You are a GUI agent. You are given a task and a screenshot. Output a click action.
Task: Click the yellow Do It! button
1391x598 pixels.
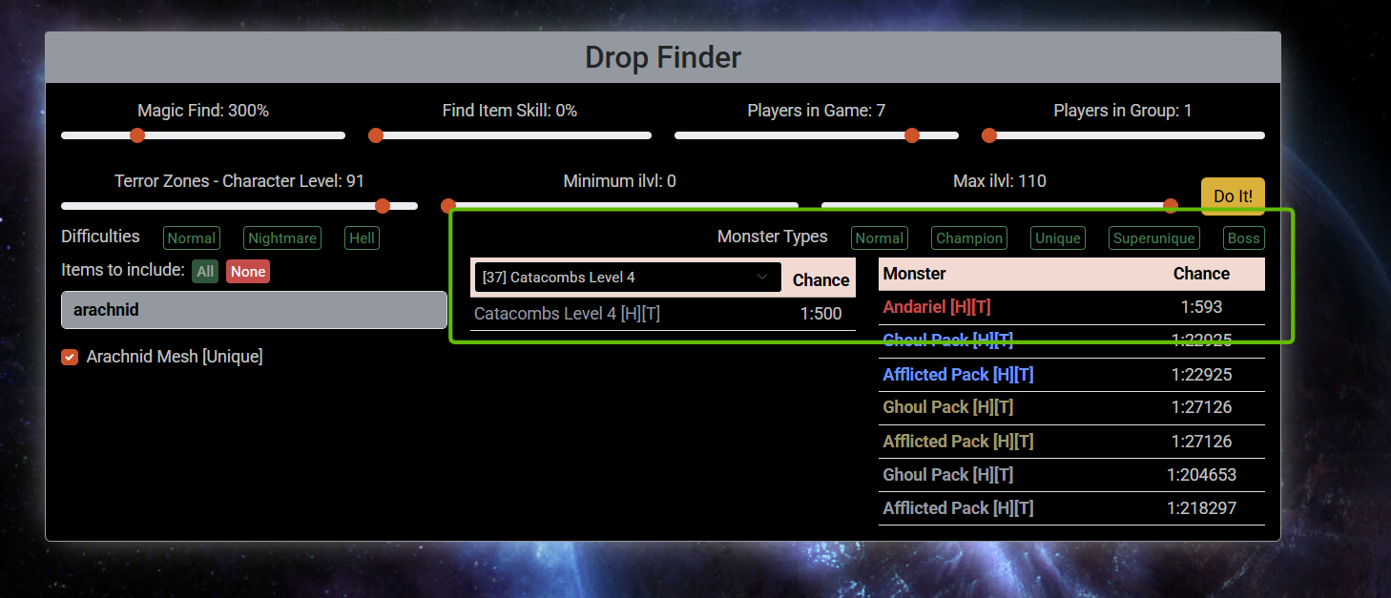click(x=1233, y=196)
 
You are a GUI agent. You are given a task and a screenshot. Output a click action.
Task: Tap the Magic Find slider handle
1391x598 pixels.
click(x=137, y=135)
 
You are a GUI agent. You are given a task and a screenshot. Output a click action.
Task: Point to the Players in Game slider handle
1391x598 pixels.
click(x=912, y=135)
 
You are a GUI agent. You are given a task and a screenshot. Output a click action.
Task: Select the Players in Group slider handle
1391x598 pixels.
click(x=989, y=135)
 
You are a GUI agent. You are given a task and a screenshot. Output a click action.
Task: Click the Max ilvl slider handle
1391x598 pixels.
click(x=1171, y=205)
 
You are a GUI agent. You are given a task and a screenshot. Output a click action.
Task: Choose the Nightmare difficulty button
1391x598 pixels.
click(x=282, y=238)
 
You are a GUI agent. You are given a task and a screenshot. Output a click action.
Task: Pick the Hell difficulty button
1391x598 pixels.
click(x=362, y=238)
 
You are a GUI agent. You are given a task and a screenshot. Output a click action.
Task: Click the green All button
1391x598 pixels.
click(x=205, y=272)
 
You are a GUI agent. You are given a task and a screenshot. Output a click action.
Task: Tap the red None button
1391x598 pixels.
click(x=248, y=272)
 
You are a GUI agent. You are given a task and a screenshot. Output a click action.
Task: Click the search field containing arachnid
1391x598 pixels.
click(x=254, y=310)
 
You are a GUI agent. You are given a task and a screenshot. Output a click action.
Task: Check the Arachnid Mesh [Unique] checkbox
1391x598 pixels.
click(x=70, y=357)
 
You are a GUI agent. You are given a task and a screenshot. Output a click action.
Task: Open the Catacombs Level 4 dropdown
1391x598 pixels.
click(x=628, y=278)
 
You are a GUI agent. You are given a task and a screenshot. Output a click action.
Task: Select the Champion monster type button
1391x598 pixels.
click(x=969, y=238)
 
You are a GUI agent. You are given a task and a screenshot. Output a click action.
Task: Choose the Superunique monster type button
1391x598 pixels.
click(x=1153, y=238)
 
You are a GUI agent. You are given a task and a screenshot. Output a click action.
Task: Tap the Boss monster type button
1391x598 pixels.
click(x=1244, y=238)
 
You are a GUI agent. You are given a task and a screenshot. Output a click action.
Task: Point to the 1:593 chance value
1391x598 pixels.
click(x=1201, y=307)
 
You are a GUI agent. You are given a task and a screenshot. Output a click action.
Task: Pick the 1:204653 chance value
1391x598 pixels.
click(x=1201, y=475)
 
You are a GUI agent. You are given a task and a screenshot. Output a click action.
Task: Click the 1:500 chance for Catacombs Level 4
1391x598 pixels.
click(x=820, y=314)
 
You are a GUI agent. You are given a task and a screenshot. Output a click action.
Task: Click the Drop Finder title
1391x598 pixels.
click(x=663, y=57)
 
